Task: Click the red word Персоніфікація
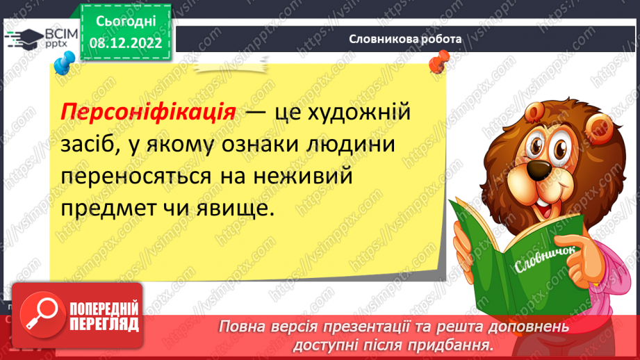click(149, 111)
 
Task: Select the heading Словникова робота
click(405, 39)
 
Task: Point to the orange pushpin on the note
click(437, 64)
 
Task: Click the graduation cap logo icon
click(28, 38)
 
